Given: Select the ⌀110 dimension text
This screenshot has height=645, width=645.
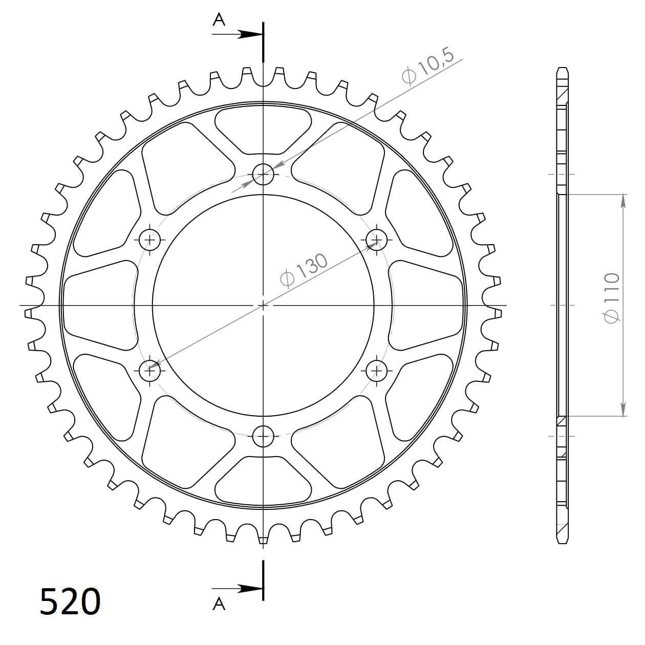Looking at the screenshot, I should click(612, 297).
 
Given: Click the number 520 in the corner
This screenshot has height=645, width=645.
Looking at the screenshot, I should click(70, 601).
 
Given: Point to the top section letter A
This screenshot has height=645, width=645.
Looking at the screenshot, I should click(219, 19).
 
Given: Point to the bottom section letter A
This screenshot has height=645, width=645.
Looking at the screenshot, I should click(219, 605).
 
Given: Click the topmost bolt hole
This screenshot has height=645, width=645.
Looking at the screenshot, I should click(264, 175).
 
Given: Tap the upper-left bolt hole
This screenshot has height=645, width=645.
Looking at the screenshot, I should click(150, 239).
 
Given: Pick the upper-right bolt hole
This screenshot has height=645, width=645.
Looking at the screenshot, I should click(377, 239).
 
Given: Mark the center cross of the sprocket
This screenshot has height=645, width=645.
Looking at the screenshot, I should click(263, 306).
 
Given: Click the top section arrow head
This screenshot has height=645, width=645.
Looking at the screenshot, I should click(252, 35).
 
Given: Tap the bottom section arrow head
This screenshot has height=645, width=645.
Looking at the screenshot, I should click(252, 588).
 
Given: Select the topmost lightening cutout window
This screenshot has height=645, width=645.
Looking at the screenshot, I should click(263, 130).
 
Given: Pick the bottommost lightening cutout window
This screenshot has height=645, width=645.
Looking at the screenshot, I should click(263, 481).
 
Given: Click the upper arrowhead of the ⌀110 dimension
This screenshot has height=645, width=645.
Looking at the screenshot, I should click(623, 201).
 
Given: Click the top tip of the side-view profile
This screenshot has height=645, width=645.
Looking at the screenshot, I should click(563, 69).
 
